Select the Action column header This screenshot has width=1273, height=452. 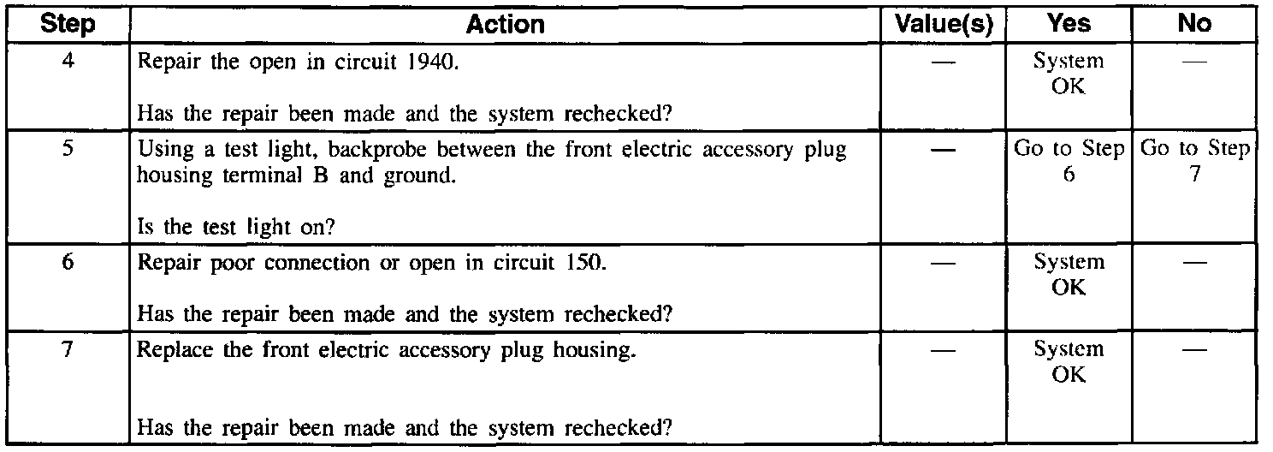pyautogui.click(x=505, y=25)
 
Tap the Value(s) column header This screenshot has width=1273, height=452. pyautogui.click(x=942, y=25)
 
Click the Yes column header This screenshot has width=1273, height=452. pyautogui.click(x=1069, y=25)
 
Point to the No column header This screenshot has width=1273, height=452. pyautogui.click(x=1194, y=25)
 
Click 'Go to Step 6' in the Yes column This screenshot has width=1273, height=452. pyautogui.click(x=1069, y=161)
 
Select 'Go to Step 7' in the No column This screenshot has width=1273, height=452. pyautogui.click(x=1195, y=161)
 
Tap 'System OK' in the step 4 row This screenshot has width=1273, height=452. pyautogui.click(x=1069, y=74)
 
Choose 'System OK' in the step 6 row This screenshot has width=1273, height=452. pyautogui.click(x=1069, y=274)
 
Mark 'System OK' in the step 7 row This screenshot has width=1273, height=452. pyautogui.click(x=1069, y=361)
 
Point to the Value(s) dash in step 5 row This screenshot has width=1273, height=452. pyautogui.click(x=942, y=149)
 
